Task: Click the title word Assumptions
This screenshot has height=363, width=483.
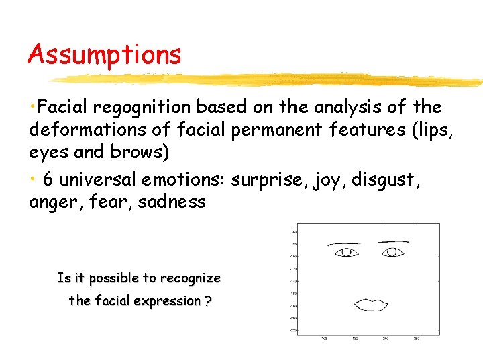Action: tap(104, 54)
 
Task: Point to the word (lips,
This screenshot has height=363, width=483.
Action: tap(429, 129)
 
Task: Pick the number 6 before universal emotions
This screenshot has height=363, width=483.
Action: tap(47, 179)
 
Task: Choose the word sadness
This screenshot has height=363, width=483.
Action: tap(172, 201)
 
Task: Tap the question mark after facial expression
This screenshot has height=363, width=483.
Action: tap(209, 300)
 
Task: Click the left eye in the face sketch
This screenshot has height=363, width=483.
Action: tap(346, 252)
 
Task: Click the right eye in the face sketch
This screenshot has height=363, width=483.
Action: tap(392, 252)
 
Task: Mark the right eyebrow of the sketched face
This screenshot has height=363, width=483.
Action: tap(394, 241)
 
